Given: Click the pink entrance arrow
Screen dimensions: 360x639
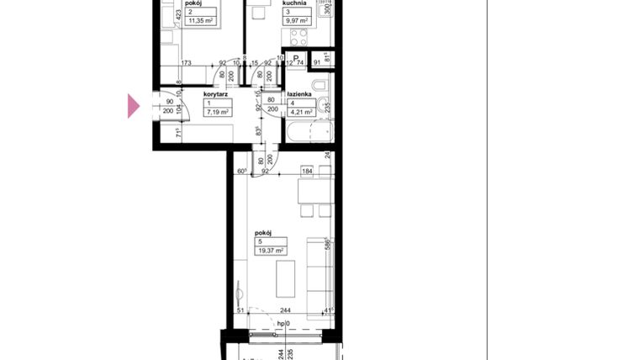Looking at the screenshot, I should [x=133, y=106].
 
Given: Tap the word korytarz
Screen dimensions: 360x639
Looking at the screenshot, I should [x=216, y=94].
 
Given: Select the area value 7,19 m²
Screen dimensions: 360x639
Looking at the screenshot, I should [x=219, y=111].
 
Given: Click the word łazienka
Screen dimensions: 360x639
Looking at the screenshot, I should [x=300, y=94].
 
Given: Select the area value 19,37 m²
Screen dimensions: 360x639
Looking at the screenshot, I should [x=272, y=250].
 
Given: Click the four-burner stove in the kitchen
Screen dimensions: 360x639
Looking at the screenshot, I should [x=298, y=36].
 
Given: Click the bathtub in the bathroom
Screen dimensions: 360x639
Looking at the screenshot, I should [x=309, y=134].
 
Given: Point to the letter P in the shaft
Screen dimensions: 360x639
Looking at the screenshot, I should [x=296, y=59].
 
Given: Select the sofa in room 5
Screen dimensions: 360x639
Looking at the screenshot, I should [x=319, y=278].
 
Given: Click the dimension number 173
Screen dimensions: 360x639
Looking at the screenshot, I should [x=186, y=62].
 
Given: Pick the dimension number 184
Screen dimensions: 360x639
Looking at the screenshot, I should [x=308, y=172].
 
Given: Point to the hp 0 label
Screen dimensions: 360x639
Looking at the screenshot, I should [x=283, y=323].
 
